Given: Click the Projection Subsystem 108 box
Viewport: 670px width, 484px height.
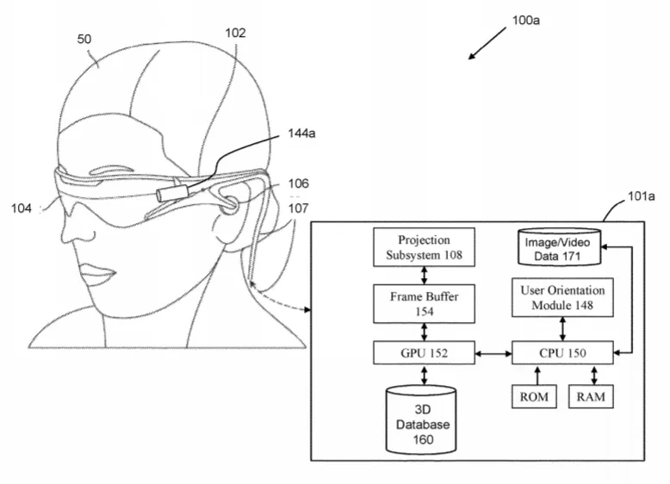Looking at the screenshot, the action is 424,247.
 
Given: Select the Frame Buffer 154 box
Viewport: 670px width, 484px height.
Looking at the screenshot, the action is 424,304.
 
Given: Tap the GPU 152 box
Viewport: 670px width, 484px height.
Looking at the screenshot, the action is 424,353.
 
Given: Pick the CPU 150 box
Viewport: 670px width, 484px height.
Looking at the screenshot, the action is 562,353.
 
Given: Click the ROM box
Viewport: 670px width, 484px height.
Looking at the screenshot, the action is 534,396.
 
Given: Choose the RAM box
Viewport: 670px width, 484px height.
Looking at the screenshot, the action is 591,396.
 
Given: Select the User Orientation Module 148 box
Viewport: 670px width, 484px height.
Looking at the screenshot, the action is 562,297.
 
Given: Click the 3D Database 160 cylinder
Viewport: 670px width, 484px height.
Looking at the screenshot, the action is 421,419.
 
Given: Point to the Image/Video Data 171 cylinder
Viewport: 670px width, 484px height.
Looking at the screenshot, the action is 559,247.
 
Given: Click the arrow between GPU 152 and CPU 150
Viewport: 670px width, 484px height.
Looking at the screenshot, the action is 493,353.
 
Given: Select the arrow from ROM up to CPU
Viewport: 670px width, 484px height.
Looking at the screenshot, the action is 537,375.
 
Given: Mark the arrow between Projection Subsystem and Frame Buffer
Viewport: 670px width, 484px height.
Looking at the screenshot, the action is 425,276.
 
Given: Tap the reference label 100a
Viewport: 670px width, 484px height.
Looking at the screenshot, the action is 525,20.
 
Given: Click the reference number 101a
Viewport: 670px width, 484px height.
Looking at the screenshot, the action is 641,196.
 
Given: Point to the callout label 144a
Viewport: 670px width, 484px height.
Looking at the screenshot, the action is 301,133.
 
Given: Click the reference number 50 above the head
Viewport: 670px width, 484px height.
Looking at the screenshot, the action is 84,39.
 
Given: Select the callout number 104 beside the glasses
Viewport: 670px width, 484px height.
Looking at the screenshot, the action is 22,208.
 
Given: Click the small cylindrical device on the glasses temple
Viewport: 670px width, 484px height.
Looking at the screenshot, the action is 172,192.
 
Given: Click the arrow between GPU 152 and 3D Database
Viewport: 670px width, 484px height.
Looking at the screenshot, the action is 425,375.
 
